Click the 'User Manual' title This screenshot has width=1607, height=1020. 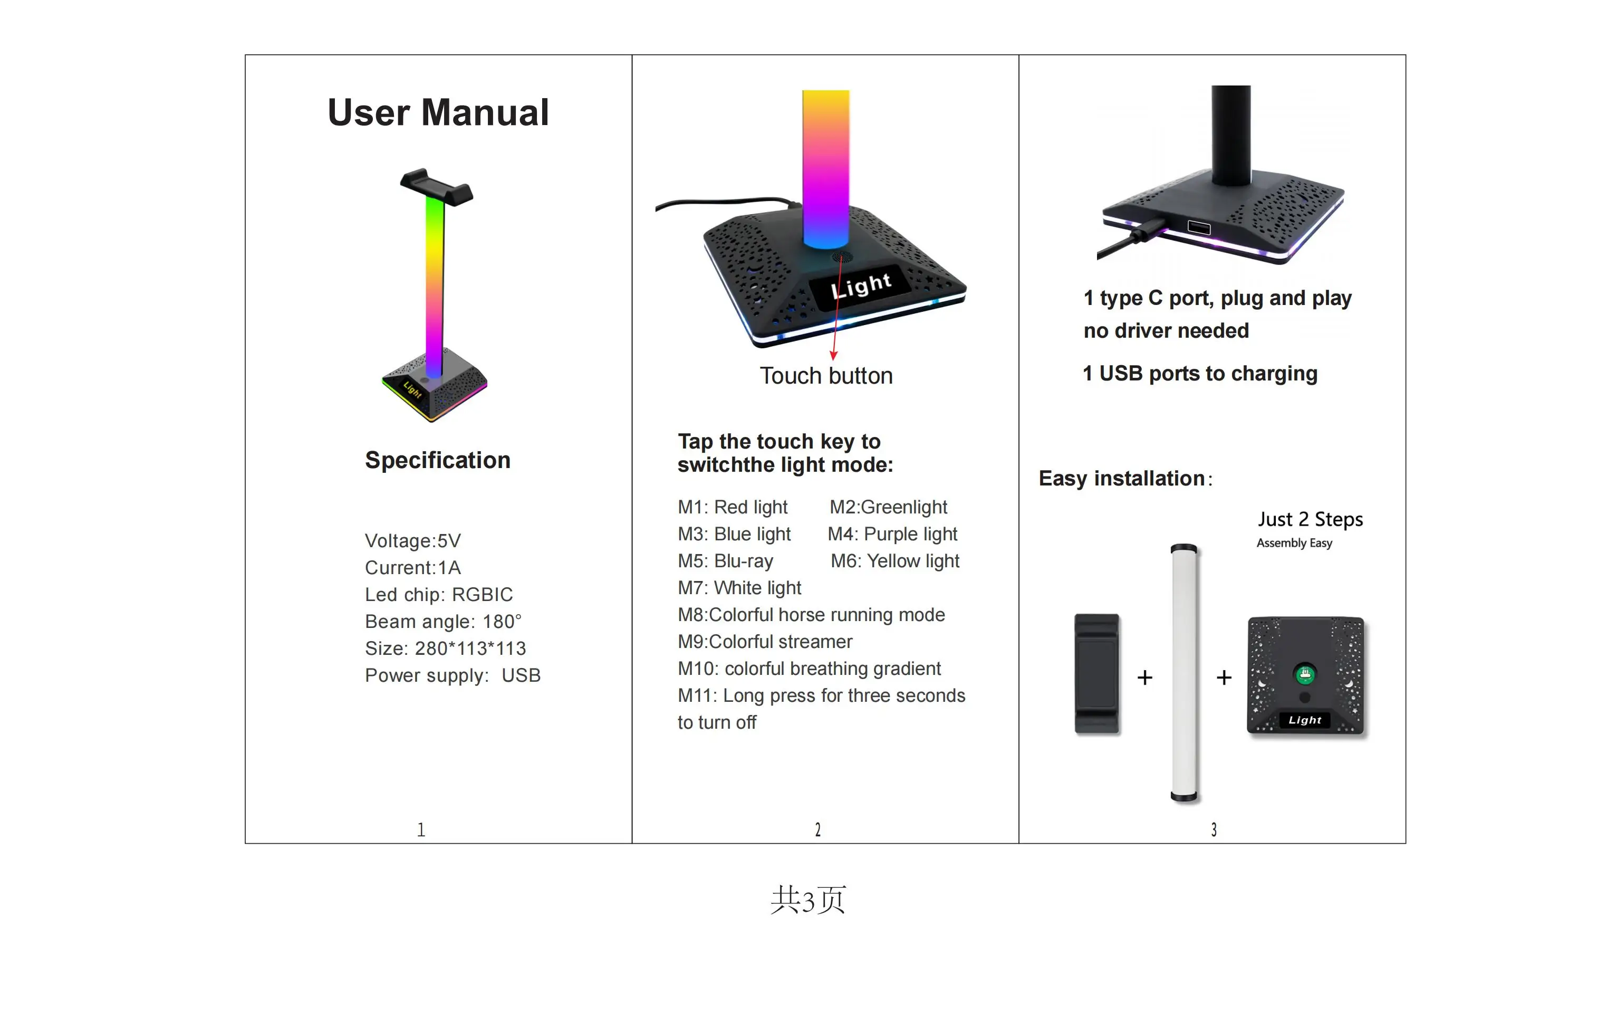[438, 112]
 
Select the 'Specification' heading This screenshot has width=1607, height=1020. [437, 460]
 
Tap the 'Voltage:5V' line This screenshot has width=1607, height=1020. [412, 541]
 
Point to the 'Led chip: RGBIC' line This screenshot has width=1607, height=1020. [438, 594]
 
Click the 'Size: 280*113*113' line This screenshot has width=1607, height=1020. [445, 648]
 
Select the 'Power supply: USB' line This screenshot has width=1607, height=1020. [453, 675]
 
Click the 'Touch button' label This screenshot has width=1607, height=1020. [825, 376]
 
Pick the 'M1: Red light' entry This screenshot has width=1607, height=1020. [732, 507]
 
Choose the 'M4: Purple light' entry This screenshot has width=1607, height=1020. [892, 534]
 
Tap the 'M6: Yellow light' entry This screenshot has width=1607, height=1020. [894, 561]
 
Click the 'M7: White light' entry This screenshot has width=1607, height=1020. [739, 588]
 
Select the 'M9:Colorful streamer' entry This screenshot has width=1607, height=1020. [765, 642]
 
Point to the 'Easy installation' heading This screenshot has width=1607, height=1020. [1121, 479]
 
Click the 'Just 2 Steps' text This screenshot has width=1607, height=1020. [1310, 519]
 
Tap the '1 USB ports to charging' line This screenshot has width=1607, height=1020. [1199, 373]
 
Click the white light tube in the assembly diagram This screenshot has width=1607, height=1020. [1184, 671]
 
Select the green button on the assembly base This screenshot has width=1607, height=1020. [1305, 674]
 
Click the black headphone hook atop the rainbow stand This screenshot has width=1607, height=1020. [436, 186]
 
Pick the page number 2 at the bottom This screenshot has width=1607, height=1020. [817, 830]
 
